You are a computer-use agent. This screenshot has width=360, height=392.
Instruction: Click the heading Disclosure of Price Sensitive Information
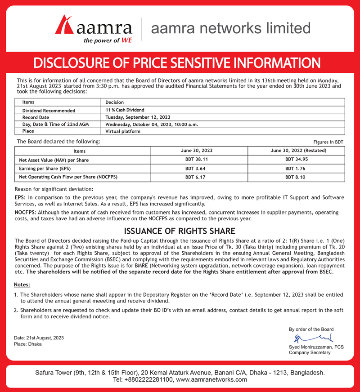(180, 62)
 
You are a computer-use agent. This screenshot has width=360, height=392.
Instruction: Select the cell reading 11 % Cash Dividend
(125, 110)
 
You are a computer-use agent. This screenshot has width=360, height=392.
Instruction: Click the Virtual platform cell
(123, 132)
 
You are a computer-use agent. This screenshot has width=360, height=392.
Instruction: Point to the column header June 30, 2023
(199, 151)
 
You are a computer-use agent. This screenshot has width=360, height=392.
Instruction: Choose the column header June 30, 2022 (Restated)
(296, 151)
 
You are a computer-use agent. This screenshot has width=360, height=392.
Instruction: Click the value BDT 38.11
(199, 160)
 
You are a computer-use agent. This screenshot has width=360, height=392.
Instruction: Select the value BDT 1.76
(296, 169)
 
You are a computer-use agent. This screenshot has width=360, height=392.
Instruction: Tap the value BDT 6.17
(199, 177)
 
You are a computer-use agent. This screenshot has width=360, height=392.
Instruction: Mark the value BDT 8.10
(296, 177)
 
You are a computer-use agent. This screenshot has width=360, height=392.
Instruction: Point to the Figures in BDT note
(328, 142)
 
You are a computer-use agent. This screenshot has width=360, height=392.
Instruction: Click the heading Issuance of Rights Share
(180, 231)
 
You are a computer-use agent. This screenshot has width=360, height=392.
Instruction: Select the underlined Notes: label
(22, 285)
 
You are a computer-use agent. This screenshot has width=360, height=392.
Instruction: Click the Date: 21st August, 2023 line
(39, 338)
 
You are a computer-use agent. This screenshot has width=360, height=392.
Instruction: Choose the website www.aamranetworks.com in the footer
(211, 379)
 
